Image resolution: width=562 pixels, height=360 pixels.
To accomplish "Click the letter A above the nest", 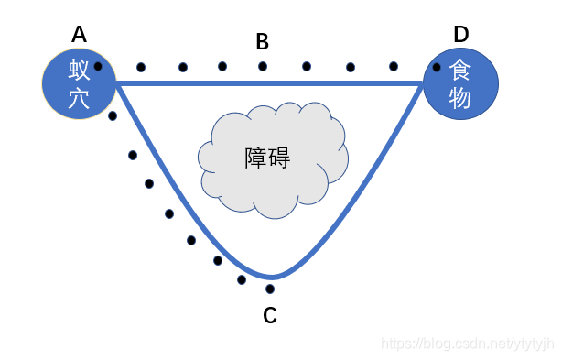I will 79,35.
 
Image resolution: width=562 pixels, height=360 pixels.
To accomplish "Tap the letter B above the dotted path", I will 262,41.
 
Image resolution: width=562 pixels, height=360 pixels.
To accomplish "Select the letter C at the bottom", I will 270,316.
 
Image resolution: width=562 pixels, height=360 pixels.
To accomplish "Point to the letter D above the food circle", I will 461,35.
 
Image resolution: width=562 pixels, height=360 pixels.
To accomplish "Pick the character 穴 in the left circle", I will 79,98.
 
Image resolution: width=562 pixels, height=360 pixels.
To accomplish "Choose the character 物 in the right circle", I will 460,98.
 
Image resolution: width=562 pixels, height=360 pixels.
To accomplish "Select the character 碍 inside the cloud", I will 279,158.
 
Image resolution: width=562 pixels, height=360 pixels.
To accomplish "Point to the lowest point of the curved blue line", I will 271,277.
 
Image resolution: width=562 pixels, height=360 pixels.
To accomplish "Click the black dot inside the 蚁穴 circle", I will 98,66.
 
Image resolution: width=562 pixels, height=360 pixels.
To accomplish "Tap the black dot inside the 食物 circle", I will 437,67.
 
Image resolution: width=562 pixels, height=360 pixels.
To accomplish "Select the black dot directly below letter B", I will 263,66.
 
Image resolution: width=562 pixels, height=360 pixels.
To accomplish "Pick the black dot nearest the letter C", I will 270,289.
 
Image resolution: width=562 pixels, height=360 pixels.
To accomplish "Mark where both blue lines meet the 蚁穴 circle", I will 115,83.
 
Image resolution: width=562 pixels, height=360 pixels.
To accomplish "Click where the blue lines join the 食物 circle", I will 424,83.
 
